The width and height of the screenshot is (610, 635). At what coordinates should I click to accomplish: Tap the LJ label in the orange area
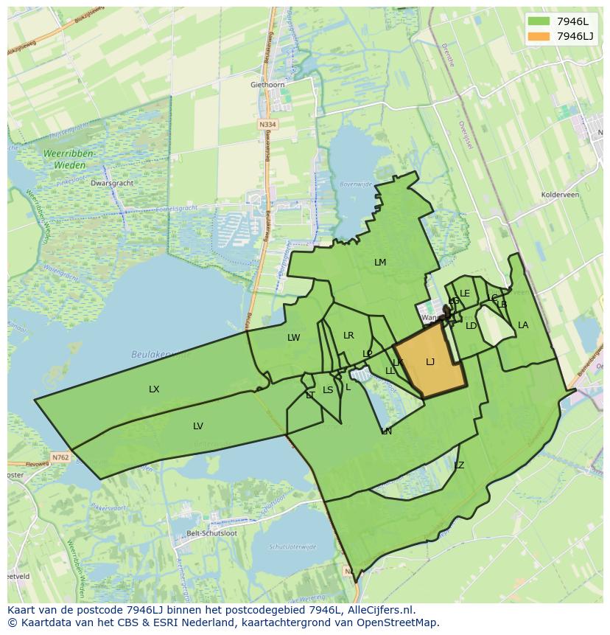coord(430,361)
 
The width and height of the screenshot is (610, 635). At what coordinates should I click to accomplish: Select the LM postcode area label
coord(380,263)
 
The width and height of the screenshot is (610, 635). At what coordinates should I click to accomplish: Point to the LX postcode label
coord(154,389)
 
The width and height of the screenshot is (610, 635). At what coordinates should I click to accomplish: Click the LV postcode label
coord(198,426)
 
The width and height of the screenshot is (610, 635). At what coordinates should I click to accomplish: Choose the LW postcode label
coord(294,338)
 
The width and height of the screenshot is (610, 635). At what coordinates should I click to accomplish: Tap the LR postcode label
coord(348,336)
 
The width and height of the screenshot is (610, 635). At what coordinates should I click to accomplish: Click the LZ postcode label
coord(459,465)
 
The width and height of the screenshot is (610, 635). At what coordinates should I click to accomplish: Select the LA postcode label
coord(523,325)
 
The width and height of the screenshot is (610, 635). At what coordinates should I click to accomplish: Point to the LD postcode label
coord(471,325)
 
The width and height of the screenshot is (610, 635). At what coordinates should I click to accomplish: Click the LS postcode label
coord(328,390)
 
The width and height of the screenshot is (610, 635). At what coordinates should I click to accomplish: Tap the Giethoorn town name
coord(267,85)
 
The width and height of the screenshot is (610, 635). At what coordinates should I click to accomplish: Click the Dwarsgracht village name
coord(111,183)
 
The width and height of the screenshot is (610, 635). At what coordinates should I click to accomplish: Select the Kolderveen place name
coord(561,195)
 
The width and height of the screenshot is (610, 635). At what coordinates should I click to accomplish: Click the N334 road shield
coord(267,125)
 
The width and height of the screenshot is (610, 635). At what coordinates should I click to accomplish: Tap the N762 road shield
coord(60,457)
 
